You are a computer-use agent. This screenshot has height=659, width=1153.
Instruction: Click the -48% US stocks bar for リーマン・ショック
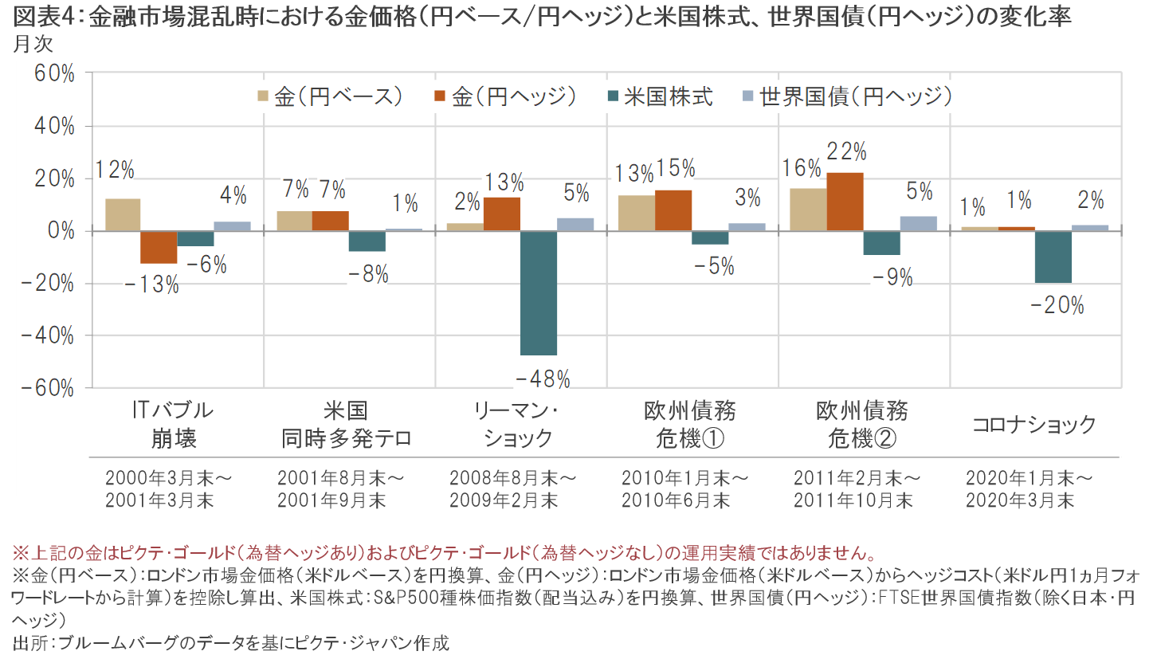click(539, 292)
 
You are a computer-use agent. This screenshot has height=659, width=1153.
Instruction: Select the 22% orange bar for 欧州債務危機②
click(845, 202)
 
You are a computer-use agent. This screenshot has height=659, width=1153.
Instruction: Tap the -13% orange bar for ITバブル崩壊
click(159, 247)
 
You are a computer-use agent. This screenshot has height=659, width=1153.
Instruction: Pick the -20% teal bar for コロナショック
click(1053, 257)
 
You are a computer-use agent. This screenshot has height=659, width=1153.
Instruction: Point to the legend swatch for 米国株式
click(613, 97)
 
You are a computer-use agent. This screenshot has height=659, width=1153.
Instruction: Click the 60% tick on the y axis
click(53, 74)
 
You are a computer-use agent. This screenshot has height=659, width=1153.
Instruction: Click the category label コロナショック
click(1034, 425)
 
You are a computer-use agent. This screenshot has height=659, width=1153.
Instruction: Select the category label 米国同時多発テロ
click(345, 424)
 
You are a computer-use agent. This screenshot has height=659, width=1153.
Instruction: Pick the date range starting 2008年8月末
click(512, 489)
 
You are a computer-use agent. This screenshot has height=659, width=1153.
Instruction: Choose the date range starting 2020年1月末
click(1028, 489)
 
